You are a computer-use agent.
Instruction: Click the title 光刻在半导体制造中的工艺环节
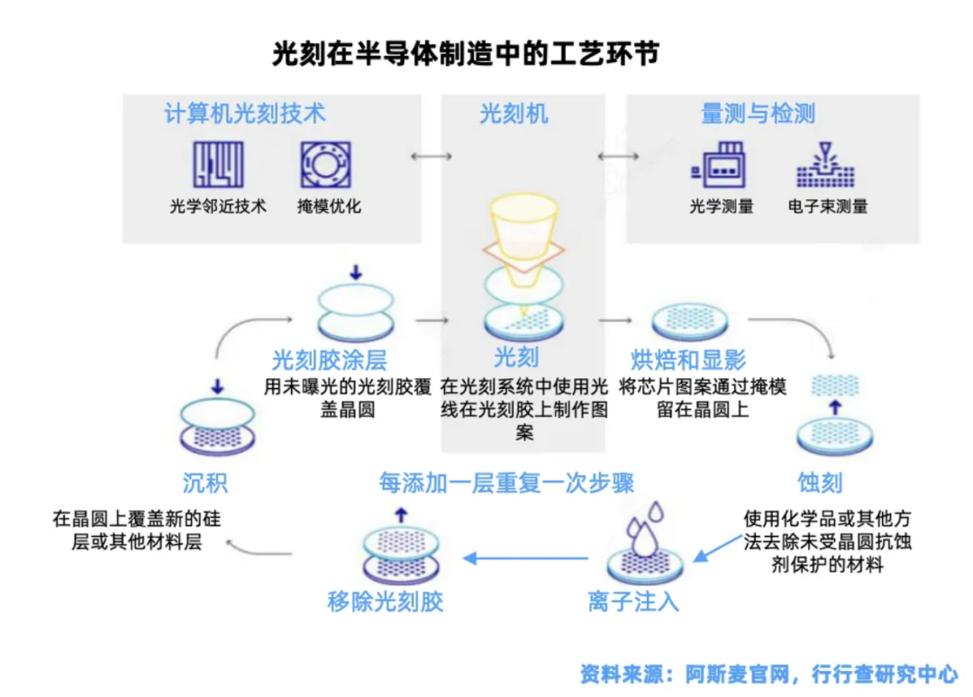(466, 53)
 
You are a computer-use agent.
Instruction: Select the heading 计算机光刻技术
(244, 114)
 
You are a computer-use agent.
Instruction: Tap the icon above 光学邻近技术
(218, 165)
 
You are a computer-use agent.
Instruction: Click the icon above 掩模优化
(325, 165)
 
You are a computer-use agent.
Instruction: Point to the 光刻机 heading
(514, 114)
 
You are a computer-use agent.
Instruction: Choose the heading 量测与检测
(758, 114)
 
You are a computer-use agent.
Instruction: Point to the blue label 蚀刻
(820, 483)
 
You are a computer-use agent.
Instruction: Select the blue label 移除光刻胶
(386, 602)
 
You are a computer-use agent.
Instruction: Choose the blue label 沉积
(205, 484)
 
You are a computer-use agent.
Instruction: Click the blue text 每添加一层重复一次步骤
(506, 483)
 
